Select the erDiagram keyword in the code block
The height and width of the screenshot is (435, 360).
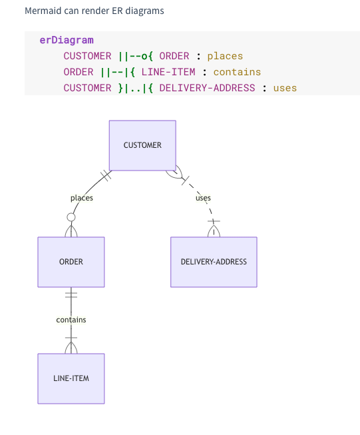click(67, 40)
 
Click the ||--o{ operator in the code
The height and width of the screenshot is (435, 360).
click(136, 56)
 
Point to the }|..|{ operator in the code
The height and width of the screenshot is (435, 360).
click(136, 88)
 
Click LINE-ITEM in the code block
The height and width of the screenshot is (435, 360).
click(168, 72)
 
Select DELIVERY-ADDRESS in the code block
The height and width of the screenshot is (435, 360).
click(207, 88)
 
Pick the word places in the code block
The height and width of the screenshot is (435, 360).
click(225, 56)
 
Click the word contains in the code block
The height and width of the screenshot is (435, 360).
click(237, 72)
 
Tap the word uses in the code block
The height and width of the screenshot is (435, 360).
click(285, 88)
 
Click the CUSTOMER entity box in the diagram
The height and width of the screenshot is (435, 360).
click(142, 145)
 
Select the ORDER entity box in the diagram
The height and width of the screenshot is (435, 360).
click(71, 262)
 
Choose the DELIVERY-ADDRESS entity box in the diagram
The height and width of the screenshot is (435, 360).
click(214, 262)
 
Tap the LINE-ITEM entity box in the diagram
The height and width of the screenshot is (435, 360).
click(71, 378)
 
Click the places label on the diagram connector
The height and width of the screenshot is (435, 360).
click(82, 198)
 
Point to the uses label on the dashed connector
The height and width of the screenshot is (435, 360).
click(203, 198)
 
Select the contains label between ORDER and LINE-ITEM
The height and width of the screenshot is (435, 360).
click(71, 320)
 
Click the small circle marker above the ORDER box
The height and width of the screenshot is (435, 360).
click(71, 217)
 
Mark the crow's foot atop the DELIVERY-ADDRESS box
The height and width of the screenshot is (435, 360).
click(214, 231)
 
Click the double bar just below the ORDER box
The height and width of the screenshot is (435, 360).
click(71, 294)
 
